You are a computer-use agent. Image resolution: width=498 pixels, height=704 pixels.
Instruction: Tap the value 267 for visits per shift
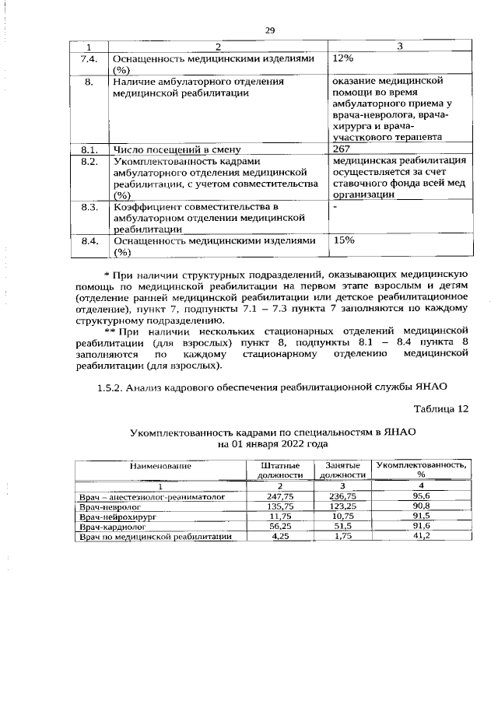pos(342,149)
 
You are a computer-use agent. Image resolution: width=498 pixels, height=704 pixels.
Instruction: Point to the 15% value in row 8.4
pos(343,240)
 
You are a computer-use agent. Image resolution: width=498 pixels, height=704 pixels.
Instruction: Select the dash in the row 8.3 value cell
pos(335,208)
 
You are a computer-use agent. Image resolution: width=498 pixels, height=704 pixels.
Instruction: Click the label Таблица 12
pos(441,408)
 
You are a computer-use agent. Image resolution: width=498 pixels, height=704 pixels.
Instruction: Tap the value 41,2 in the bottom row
pos(421,538)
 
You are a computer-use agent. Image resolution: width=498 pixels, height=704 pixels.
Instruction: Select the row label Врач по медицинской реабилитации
pos(156,538)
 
